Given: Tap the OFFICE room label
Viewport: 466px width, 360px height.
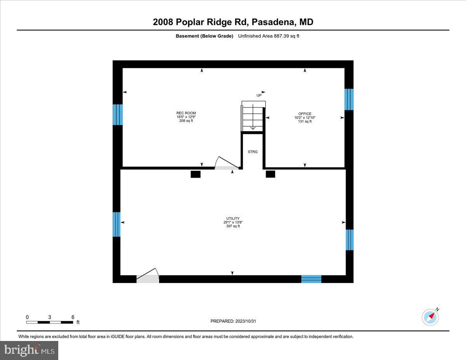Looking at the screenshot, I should [x=305, y=118].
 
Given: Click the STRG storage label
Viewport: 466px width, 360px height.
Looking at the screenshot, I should [x=253, y=152].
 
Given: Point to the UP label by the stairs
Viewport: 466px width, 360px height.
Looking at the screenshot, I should [x=259, y=95].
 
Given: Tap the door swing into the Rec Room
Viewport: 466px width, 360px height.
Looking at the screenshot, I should [x=226, y=163].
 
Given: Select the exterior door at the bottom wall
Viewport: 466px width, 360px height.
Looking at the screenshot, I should [x=147, y=276].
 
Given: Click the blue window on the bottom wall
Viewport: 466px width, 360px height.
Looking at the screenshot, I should [x=311, y=279].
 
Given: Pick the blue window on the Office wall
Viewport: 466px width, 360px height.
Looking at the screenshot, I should [x=349, y=99].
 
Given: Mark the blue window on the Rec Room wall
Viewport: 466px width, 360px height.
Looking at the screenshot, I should [x=118, y=115].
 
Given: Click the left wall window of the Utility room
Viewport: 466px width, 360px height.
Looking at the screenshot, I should [x=116, y=224].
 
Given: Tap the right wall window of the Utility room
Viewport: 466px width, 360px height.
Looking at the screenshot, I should [x=349, y=240].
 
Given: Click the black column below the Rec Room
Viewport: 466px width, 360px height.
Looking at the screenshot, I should [x=195, y=174].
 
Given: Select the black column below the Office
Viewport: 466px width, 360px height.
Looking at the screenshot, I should [x=270, y=174].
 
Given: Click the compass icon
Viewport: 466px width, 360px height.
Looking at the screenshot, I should [x=430, y=317].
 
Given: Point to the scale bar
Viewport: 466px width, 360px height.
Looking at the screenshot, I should [x=49, y=322].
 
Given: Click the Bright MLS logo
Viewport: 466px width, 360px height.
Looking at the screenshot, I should [x=30, y=350].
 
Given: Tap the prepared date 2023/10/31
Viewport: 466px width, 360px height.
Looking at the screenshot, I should [x=234, y=321].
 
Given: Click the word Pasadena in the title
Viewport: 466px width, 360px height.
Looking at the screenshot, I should [x=274, y=22].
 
